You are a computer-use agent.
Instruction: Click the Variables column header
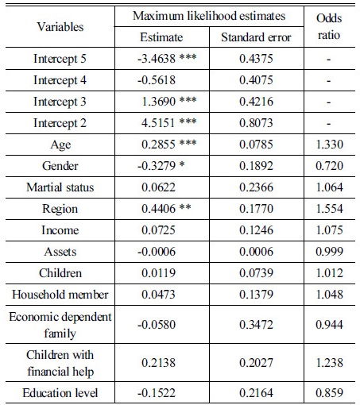click(60, 27)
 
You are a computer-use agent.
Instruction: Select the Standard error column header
click(256, 37)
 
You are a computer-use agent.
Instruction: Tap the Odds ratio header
click(329, 26)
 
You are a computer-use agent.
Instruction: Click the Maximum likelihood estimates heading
click(209, 16)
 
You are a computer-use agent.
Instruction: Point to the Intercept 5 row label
click(60, 59)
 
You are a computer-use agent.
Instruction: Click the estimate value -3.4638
click(157, 59)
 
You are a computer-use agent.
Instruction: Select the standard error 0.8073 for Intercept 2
click(256, 123)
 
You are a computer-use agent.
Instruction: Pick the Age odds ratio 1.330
click(330, 145)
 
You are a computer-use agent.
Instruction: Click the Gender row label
click(60, 166)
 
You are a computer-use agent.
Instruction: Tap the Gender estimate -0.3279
click(157, 166)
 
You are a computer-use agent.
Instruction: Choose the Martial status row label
click(60, 187)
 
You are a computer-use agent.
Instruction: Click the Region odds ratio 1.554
click(330, 209)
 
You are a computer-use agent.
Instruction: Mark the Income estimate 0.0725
click(158, 230)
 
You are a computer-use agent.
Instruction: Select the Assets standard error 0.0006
click(256, 252)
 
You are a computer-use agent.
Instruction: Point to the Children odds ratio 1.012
click(330, 273)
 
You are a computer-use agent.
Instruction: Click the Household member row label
click(60, 295)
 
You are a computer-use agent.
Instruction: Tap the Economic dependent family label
click(60, 325)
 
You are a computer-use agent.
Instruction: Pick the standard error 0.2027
click(256, 363)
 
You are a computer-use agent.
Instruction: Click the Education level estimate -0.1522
click(157, 393)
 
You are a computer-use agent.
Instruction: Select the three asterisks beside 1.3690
click(188, 99)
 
